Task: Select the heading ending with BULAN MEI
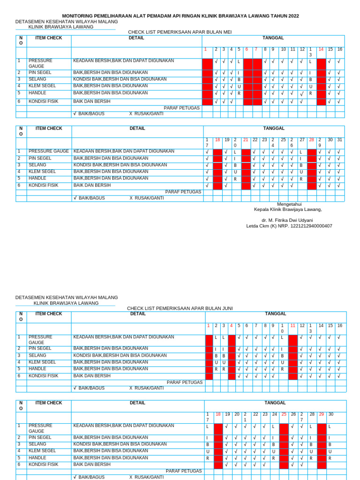[x=180, y=32]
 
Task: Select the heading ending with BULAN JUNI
[x=180, y=308]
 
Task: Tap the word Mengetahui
[x=289, y=204]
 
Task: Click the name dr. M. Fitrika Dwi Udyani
[x=287, y=220]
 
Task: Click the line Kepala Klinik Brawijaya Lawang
[x=288, y=210]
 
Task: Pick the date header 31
[x=339, y=140]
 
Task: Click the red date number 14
[x=321, y=49]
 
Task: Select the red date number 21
[x=246, y=140]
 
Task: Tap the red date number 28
[x=311, y=140]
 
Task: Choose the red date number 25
[x=284, y=414]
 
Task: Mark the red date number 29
[x=321, y=414]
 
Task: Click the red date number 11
[x=292, y=325]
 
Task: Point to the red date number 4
[x=231, y=325]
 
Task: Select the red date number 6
[x=247, y=49]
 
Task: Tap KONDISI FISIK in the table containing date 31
[x=44, y=185]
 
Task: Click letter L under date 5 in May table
[x=239, y=61]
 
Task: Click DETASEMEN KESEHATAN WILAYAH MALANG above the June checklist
[x=67, y=297]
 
